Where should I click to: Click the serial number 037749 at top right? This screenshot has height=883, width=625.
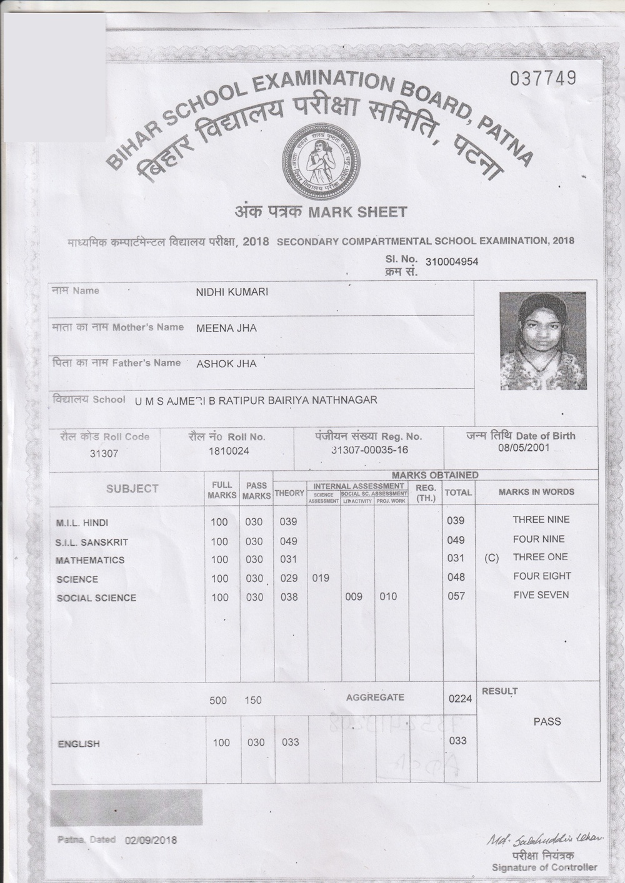542,79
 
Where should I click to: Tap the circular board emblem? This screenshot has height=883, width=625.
320,160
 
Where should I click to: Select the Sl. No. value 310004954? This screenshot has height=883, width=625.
451,262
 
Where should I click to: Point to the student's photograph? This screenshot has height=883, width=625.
542,341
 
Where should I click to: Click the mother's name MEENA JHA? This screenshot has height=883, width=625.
226,328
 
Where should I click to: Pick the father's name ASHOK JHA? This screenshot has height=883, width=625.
226,363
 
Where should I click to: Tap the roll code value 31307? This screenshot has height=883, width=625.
104,453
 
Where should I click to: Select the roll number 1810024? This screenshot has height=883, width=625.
229,451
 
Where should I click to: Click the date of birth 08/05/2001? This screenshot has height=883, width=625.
524,448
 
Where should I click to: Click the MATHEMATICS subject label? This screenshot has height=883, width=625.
90,560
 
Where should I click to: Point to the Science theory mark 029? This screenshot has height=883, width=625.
289,578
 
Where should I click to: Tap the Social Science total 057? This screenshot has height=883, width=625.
456,596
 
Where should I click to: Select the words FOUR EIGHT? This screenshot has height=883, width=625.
542,576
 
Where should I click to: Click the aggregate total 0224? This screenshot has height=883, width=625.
460,699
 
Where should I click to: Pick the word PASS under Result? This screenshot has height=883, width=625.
547,721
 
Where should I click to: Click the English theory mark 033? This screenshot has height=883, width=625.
290,742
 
